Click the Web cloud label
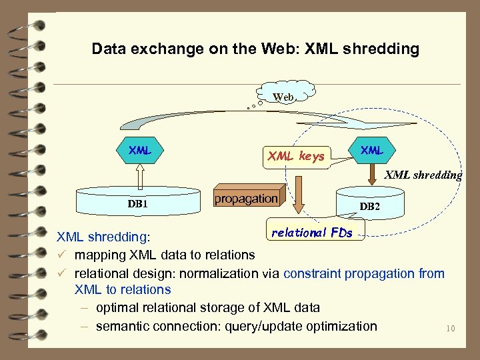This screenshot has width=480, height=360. point(283,97)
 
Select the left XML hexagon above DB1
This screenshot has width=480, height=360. point(140,151)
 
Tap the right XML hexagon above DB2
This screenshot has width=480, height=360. point(371,151)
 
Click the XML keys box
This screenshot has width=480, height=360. point(296,157)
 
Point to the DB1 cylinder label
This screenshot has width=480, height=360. point(137,203)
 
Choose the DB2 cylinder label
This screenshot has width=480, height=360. point(370,207)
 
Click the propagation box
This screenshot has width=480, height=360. point(246,198)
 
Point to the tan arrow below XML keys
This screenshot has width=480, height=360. point(300,193)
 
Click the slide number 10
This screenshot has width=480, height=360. point(451,328)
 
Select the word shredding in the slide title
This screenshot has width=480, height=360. point(386,49)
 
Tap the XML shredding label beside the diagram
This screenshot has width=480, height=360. point(423,175)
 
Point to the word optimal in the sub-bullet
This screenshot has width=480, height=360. point(117,308)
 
